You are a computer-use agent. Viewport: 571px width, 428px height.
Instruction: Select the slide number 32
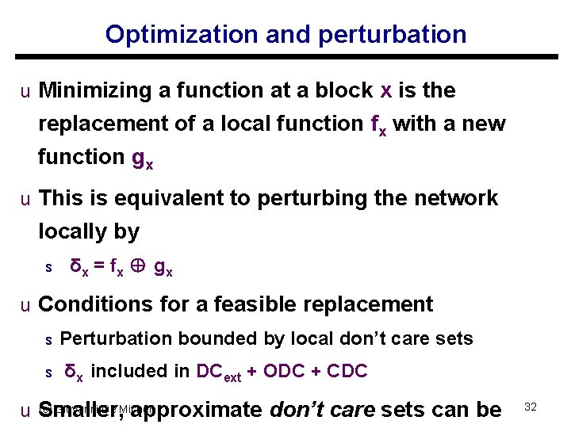(531, 407)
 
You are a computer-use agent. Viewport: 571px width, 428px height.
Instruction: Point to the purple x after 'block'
(386, 91)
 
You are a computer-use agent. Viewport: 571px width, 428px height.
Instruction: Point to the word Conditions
(93, 304)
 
